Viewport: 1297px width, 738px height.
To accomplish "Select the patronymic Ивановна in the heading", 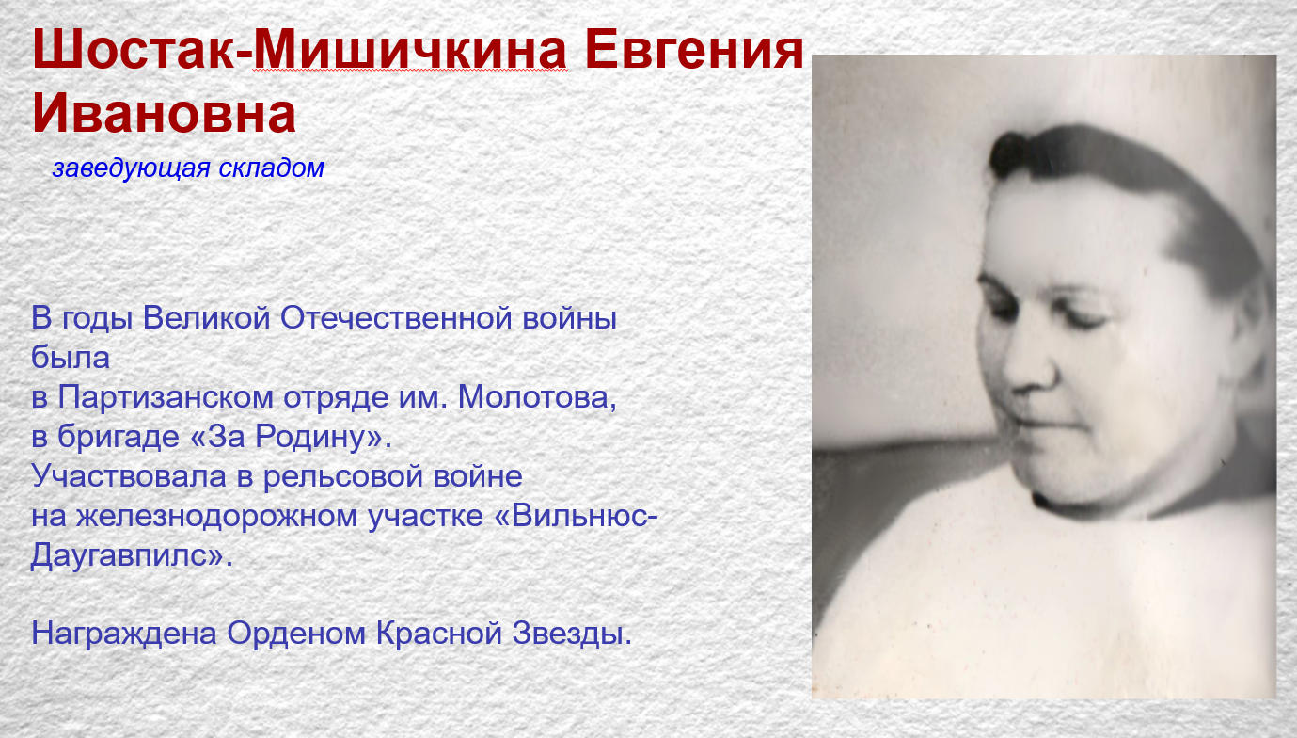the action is (x=164, y=112).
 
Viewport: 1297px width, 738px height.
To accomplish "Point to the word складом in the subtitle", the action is (x=271, y=168).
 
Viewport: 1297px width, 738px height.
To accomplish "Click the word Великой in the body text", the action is (x=206, y=318).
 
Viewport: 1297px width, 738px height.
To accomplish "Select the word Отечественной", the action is (x=396, y=318).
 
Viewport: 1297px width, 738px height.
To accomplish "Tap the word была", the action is (x=70, y=357).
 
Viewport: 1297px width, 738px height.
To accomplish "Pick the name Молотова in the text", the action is (x=537, y=397).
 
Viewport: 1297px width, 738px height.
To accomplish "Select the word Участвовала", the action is (x=129, y=476).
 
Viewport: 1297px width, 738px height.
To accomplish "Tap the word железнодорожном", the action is (x=216, y=516).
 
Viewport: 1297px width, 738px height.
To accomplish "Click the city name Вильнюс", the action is (x=580, y=516).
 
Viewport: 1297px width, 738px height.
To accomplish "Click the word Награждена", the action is (x=124, y=634).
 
